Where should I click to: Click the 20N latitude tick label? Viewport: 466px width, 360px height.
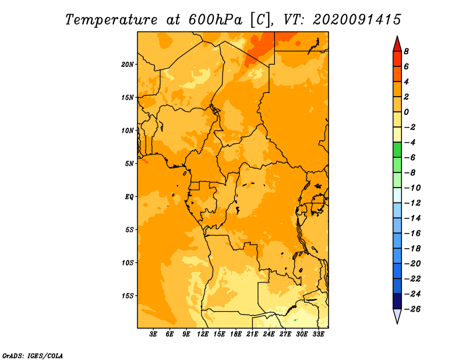[x=128, y=65]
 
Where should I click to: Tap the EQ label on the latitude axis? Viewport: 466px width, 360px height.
[x=129, y=197]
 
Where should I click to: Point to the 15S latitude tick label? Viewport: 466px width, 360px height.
[x=128, y=296]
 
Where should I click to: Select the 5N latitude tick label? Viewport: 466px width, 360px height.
[x=129, y=164]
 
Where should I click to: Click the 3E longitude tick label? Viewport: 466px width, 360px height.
[x=153, y=334]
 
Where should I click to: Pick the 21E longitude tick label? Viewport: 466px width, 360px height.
[x=252, y=334]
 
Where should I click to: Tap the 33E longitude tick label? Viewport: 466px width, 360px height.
[x=318, y=334]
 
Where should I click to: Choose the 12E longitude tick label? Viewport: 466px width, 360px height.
[x=202, y=334]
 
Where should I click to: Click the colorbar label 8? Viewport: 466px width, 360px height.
[x=406, y=51]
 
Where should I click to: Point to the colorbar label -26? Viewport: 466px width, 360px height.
[x=412, y=309]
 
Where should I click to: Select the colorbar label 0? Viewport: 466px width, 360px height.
[x=406, y=112]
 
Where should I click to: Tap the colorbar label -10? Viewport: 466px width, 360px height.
[x=412, y=188]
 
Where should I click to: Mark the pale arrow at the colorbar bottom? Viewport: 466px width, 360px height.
[x=397, y=316]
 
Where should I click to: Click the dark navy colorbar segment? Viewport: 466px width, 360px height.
[x=397, y=301]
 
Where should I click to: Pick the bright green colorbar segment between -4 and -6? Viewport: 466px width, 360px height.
[x=397, y=150]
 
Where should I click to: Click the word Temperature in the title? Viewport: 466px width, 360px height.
[x=111, y=20]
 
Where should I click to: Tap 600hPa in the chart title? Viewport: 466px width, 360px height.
[x=215, y=20]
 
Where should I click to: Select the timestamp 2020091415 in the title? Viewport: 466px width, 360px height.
[x=356, y=20]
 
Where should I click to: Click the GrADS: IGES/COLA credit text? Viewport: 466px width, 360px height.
[x=33, y=356]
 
